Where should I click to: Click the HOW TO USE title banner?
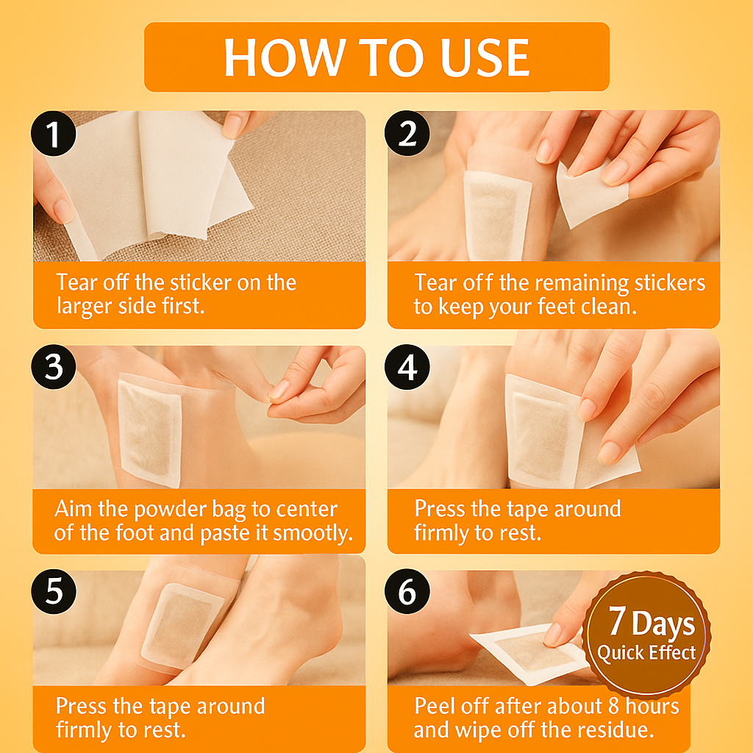(376, 57)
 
